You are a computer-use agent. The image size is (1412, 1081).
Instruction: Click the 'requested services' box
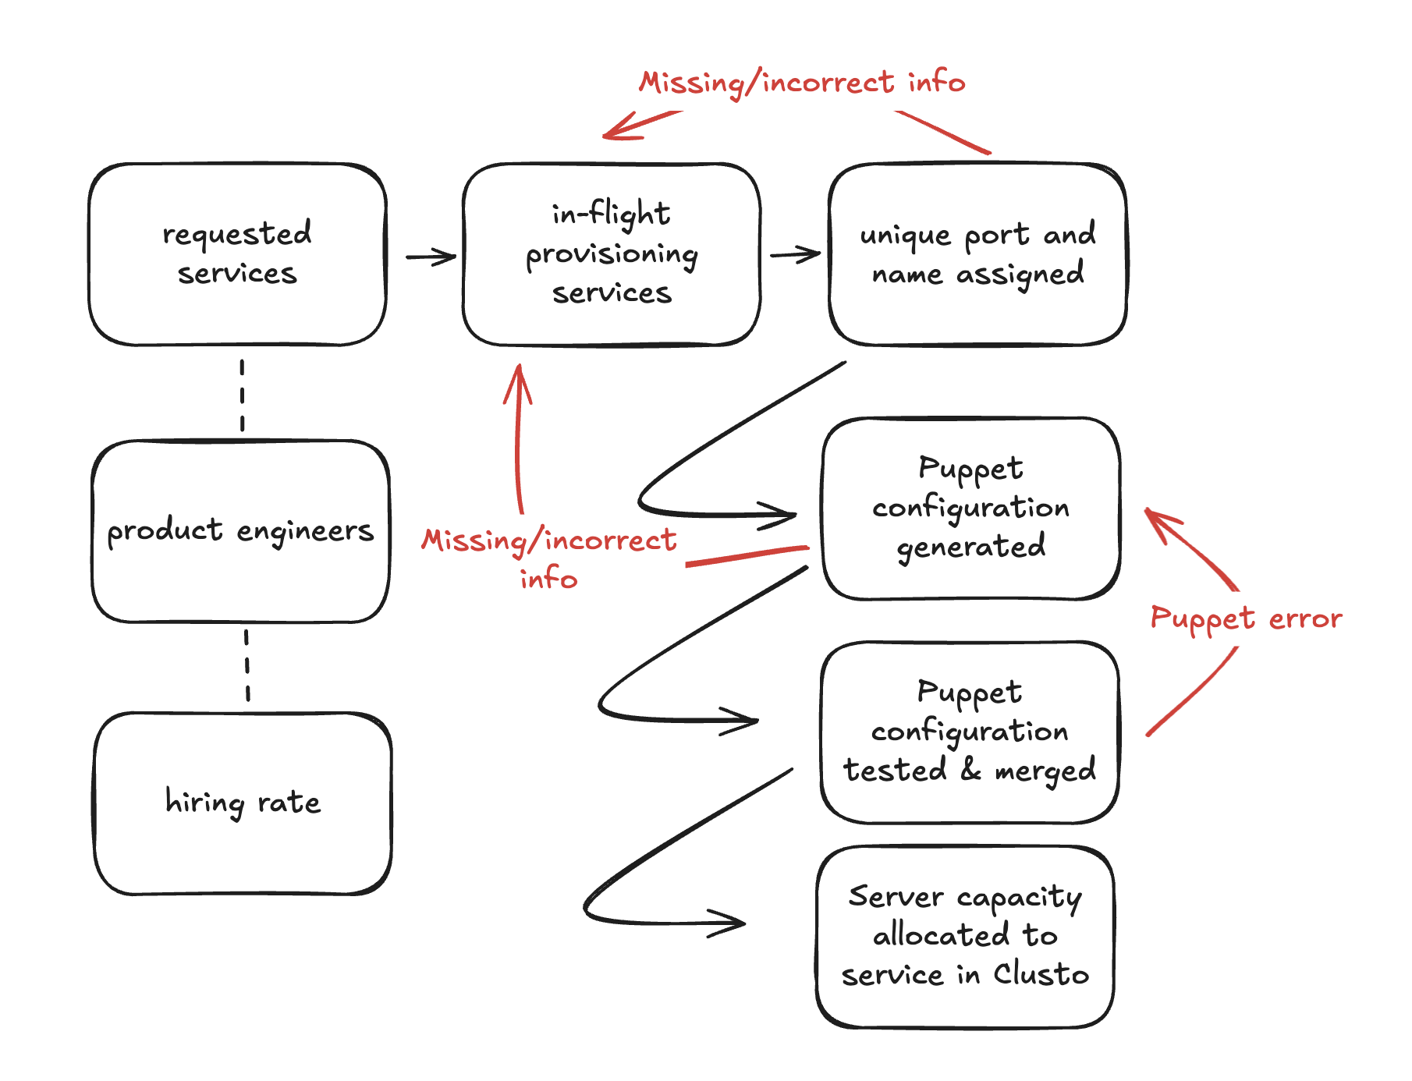tap(237, 254)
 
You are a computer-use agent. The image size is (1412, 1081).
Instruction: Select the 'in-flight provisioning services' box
tap(612, 254)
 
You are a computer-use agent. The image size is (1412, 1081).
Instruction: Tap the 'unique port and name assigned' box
tap(977, 254)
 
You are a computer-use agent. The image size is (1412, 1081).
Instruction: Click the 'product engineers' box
tap(240, 531)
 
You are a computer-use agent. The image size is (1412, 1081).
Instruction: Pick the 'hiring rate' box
tap(243, 803)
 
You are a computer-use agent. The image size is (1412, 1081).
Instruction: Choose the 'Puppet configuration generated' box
tap(970, 509)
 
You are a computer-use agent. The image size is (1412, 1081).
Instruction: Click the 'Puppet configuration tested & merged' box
tap(970, 732)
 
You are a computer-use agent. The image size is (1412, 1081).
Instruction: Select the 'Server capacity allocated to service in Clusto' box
tap(965, 937)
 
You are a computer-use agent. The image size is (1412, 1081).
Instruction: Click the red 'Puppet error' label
tap(1246, 618)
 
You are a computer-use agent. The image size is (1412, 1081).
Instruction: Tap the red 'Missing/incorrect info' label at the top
tap(802, 83)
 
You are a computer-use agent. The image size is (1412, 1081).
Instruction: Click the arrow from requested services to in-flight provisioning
tap(431, 257)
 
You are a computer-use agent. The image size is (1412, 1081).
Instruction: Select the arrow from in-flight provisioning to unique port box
tap(795, 254)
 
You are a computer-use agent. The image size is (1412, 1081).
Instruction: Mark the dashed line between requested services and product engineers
tap(243, 395)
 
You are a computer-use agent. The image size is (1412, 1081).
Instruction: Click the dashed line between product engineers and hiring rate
tap(247, 666)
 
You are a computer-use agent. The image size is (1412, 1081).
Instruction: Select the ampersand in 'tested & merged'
tap(970, 770)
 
